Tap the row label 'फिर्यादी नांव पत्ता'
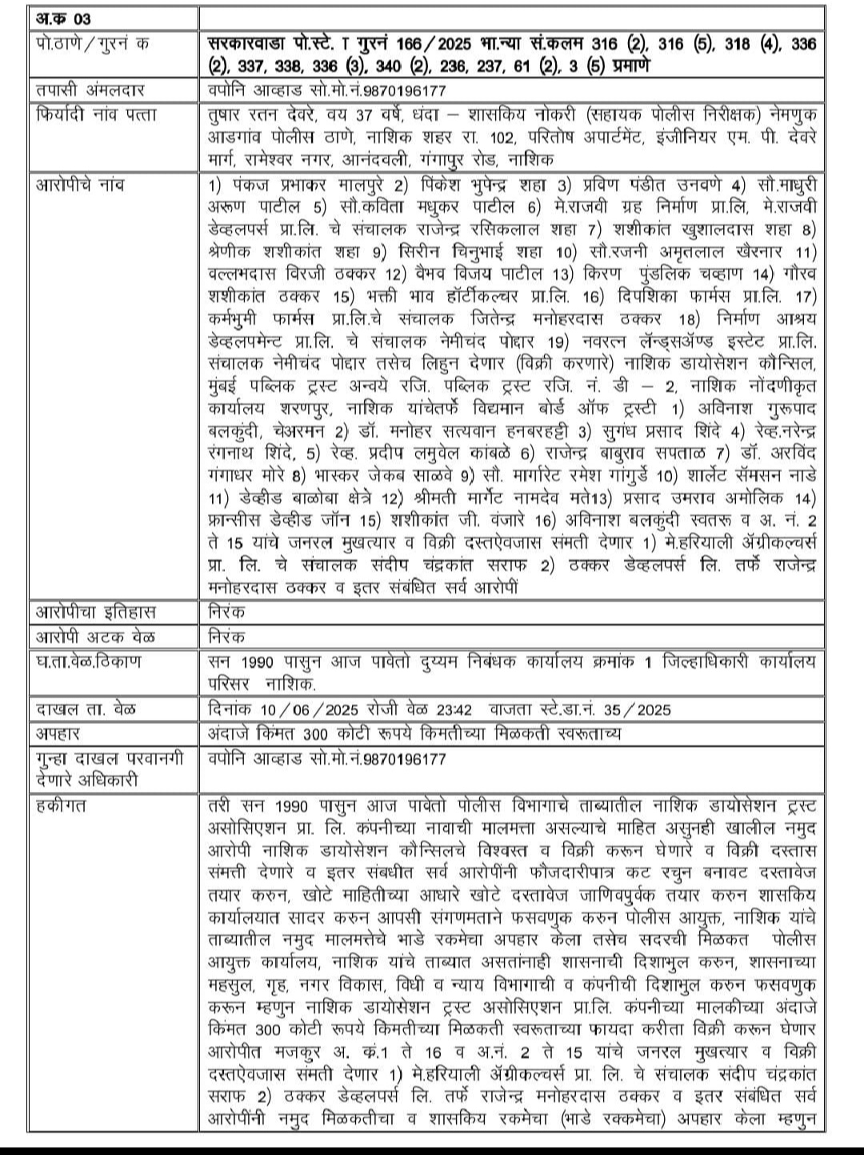[x=98, y=114]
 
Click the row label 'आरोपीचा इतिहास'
[x=97, y=613]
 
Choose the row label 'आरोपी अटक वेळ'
[x=96, y=637]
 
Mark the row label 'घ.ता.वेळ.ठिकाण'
[x=89, y=662]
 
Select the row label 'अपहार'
[x=58, y=733]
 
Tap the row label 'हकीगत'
[x=62, y=805]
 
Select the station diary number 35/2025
[x=640, y=709]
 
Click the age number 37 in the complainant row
[x=350, y=114]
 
